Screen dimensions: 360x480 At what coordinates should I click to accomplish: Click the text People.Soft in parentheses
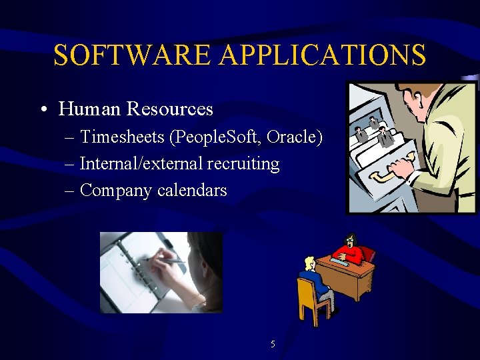(x=217, y=137)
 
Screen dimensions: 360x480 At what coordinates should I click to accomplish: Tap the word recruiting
(x=243, y=164)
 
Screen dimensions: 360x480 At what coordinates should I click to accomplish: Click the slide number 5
(x=273, y=345)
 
